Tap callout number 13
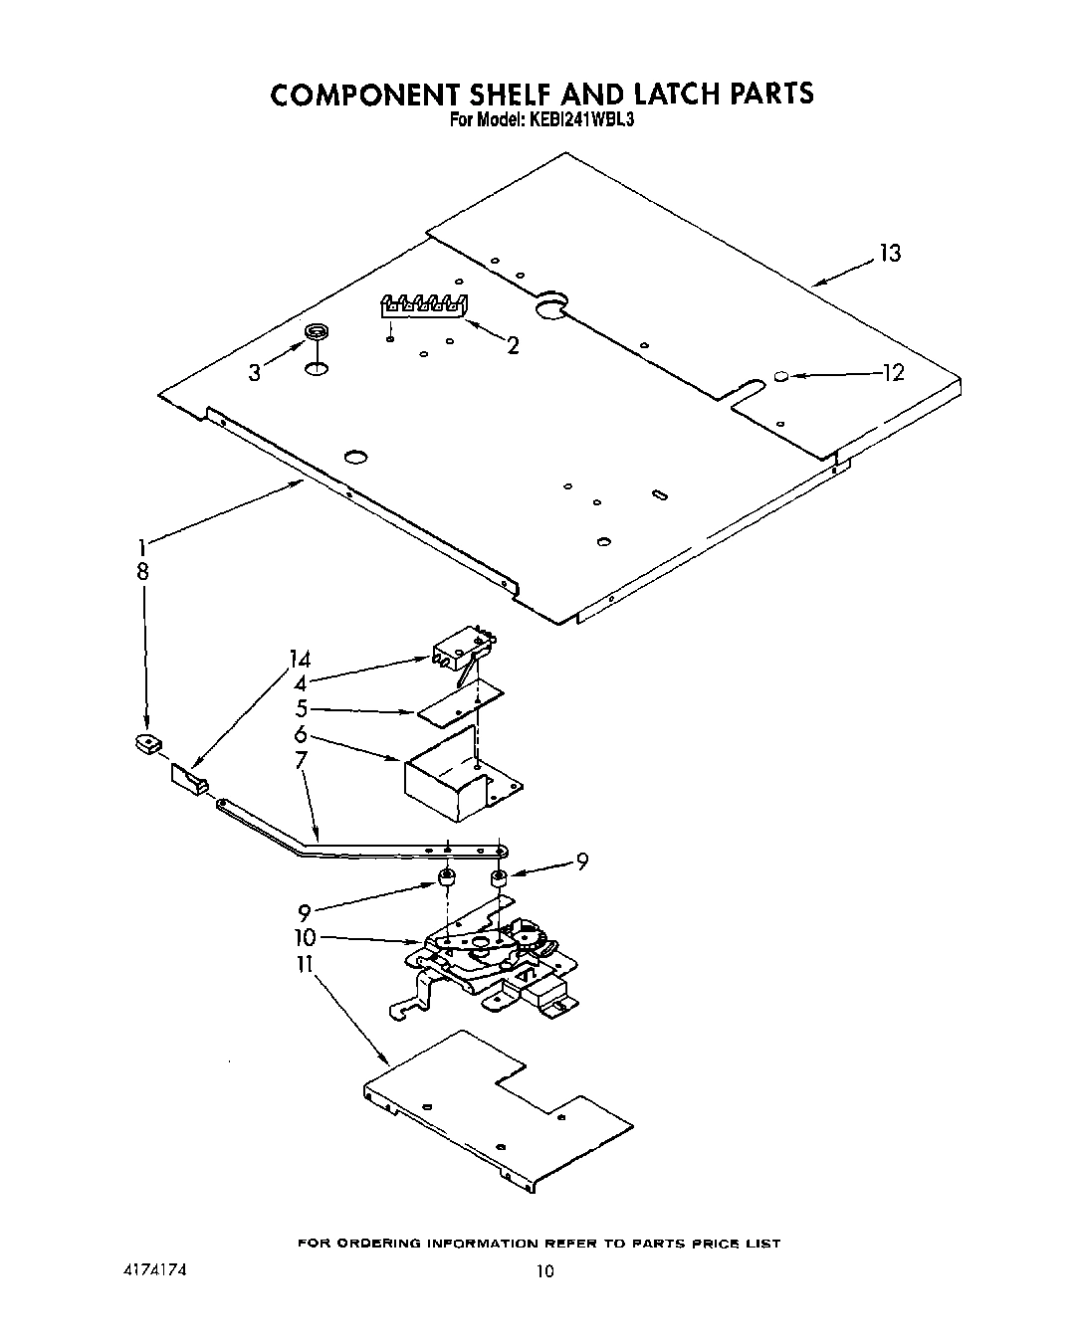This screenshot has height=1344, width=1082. pos(889,255)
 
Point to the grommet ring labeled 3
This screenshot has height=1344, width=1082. pos(317,333)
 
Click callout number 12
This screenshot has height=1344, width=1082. pos(893,373)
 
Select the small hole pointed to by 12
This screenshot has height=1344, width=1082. pos(781,377)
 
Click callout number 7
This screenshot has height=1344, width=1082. pos(302,761)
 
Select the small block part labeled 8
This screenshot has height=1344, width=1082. pos(148,742)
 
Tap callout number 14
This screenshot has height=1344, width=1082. pos(300,660)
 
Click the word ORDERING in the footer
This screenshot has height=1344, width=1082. pos(381,1244)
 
